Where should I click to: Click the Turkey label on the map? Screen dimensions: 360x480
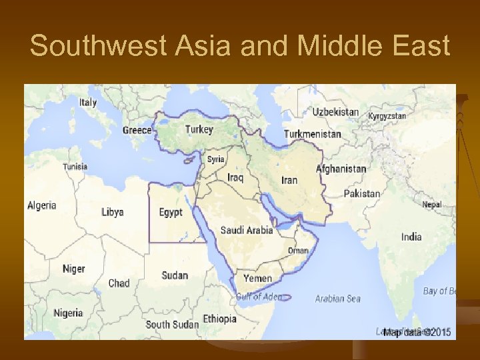pos(199,129)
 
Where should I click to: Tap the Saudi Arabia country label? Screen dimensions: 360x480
pos(247,230)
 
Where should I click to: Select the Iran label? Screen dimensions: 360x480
pos(289,180)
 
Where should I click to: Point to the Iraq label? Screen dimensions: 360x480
pos(235,177)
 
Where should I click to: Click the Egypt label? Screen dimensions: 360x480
pos(171,213)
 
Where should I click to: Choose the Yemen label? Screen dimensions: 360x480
pos(257,278)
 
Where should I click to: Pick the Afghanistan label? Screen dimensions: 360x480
pos(341,169)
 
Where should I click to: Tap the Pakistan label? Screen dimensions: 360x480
pos(361,194)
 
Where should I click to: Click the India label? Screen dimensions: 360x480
pos(411,237)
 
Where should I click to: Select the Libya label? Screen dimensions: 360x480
pos(112,213)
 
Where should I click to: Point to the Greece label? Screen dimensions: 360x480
pos(137,130)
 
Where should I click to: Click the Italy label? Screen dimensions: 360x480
pos(88,103)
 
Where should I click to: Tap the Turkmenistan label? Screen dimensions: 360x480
pos(312,134)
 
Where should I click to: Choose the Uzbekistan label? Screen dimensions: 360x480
pos(335,113)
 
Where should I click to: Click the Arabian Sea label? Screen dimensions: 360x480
pos(338,299)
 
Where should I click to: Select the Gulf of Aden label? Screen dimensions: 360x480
pos(259,297)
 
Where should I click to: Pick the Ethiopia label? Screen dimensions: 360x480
pos(219,319)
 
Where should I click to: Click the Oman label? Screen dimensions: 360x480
pos(298,251)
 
